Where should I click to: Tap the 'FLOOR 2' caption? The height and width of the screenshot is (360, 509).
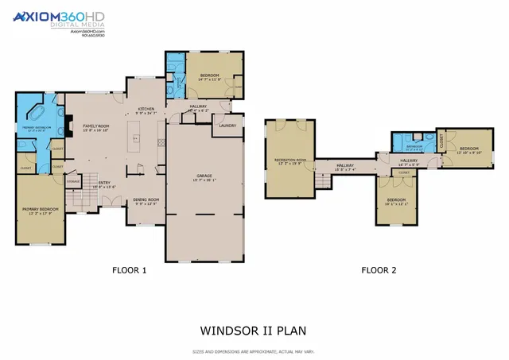[x=379, y=270]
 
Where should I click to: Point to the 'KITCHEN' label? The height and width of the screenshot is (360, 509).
[x=146, y=109]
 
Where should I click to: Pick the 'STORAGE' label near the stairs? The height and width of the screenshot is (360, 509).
[x=73, y=181]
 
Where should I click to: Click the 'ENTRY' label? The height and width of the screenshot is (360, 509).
[x=104, y=183]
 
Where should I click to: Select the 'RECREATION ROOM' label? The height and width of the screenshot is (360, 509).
[x=290, y=160]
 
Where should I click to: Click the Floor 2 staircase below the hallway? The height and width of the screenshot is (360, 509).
[x=323, y=182]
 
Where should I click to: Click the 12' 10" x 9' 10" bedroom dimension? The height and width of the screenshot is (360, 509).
[x=468, y=153]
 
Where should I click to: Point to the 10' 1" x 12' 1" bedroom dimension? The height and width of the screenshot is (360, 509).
[x=396, y=203]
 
